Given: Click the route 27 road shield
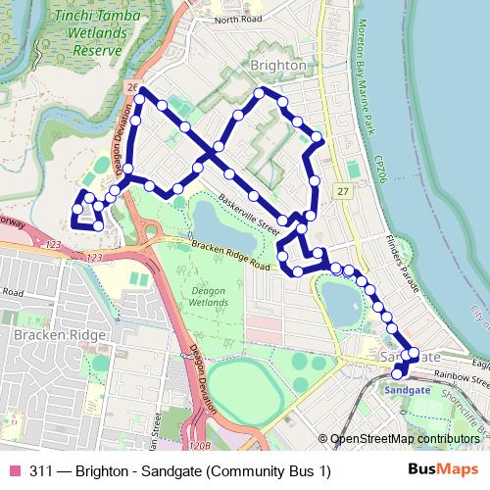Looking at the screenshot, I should pos(341,188).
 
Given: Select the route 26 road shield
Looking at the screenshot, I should pos(131,88).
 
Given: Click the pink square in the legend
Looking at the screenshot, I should pos(14,471).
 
